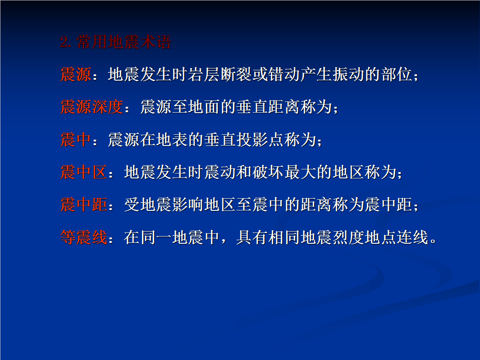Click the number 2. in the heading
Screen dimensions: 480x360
(66, 42)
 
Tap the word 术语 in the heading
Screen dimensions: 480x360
(155, 42)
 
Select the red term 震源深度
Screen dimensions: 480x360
(92, 107)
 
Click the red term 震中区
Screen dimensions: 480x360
(83, 172)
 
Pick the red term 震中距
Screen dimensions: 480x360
(83, 204)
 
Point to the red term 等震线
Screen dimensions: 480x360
(83, 237)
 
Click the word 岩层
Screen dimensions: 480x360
(204, 74)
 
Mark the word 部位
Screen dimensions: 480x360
(397, 74)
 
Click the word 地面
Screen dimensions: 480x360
(204, 107)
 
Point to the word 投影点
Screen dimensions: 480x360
(260, 139)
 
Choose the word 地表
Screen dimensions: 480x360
(172, 139)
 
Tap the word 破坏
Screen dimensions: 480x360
(268, 172)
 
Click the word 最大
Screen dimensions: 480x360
(300, 172)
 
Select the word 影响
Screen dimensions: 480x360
(188, 204)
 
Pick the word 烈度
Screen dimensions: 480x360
(348, 237)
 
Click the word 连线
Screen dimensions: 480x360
(412, 237)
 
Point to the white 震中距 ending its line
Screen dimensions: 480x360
(388, 204)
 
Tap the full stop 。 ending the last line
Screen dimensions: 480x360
(433, 240)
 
